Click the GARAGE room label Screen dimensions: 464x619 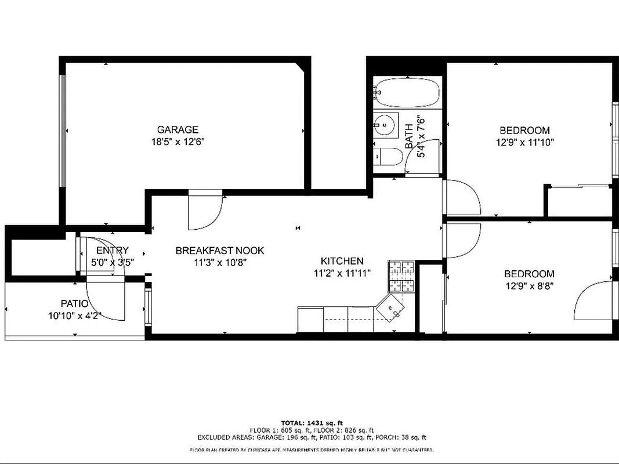pos(178,130)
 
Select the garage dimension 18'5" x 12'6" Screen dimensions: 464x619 pos(178,142)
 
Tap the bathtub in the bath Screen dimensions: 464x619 pos(407,92)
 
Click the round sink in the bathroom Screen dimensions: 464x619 pos(383,123)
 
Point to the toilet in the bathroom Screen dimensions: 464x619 pos(386,155)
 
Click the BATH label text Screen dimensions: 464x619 pos(409,129)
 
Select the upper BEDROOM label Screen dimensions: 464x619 pos(524,130)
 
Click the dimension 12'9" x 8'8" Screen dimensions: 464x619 pos(528,285)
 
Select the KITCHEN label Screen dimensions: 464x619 pos(342,261)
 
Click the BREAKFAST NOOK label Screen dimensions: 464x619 pos(220,251)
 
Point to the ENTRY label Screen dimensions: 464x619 pos(113,251)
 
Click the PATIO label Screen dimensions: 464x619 pos(75,303)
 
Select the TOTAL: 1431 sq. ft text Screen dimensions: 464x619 pos(312,423)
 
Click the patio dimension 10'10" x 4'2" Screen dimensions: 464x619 pos(75,316)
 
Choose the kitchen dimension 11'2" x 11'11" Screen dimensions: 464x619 pos(342,273)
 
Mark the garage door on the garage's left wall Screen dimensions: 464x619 pos(63,130)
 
